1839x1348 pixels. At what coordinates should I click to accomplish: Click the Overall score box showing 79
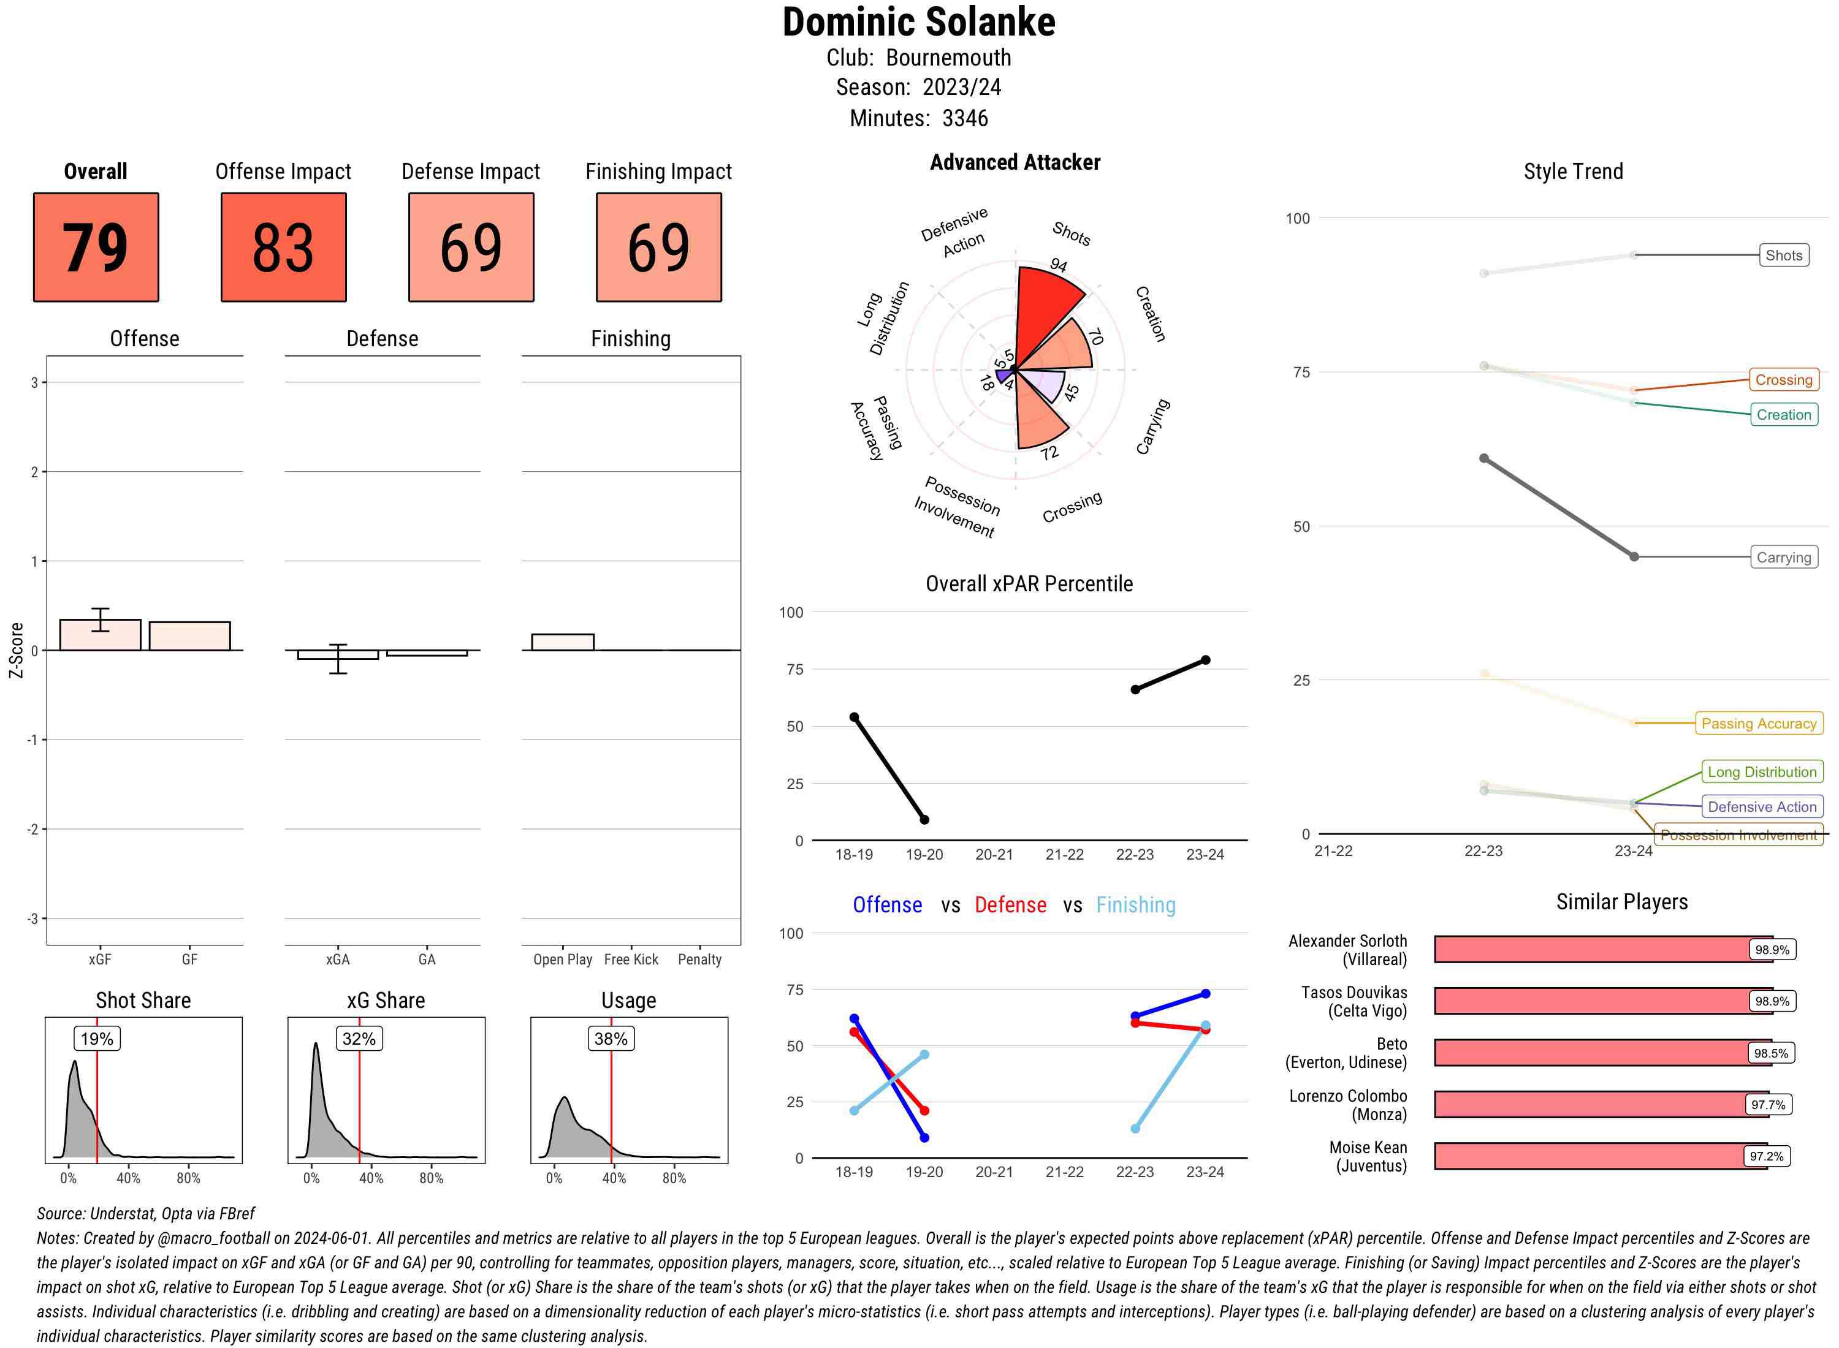tap(96, 248)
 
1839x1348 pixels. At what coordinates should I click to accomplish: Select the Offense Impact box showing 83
tap(283, 248)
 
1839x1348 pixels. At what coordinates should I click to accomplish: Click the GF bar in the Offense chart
tap(189, 637)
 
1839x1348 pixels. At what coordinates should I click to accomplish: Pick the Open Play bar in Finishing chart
tap(562, 642)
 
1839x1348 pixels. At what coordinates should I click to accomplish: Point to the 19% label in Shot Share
tap(97, 1039)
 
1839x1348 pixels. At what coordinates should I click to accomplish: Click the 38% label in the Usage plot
tap(611, 1039)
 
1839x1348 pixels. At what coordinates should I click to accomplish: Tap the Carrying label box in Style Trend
tap(1783, 558)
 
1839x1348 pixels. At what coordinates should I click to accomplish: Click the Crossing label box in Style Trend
tap(1783, 379)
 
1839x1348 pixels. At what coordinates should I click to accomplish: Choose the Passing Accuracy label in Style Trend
tap(1758, 723)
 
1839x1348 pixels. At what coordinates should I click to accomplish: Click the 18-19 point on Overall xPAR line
tap(854, 718)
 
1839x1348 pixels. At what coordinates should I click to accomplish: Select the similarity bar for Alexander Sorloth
tap(1592, 949)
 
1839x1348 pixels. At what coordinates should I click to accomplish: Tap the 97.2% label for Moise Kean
tap(1766, 1156)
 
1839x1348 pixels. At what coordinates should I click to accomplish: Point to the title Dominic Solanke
tap(919, 23)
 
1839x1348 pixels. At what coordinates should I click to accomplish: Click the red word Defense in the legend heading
tap(1010, 905)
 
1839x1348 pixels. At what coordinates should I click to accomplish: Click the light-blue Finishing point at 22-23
tap(1135, 1129)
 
